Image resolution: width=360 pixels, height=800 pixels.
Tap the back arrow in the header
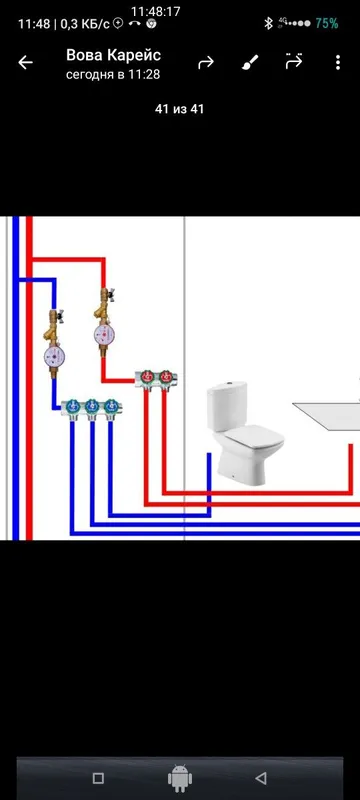(25, 63)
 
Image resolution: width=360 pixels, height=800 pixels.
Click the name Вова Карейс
(113, 55)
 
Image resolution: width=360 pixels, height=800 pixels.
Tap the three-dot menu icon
(338, 63)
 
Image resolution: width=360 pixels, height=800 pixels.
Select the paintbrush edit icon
(250, 63)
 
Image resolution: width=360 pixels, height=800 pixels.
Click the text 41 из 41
(179, 109)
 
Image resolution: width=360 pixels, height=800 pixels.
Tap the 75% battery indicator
(327, 23)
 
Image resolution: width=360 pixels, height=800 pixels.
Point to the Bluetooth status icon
(268, 23)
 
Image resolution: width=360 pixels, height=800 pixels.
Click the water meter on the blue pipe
(53, 356)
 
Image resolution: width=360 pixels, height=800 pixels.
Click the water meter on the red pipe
(103, 334)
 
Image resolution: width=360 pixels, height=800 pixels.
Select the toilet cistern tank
(227, 406)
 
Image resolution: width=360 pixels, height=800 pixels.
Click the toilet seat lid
(255, 435)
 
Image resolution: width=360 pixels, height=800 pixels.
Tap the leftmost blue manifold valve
(72, 407)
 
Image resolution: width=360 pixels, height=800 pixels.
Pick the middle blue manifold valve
(92, 407)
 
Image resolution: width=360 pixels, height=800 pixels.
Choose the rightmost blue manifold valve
(111, 407)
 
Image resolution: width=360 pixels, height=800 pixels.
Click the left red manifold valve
(147, 377)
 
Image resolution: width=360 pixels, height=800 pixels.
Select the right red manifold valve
(166, 377)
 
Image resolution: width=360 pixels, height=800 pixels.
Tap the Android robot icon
(180, 778)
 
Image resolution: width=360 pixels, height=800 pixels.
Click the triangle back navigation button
(261, 778)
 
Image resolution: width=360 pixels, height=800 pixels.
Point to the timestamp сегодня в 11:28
(113, 74)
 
